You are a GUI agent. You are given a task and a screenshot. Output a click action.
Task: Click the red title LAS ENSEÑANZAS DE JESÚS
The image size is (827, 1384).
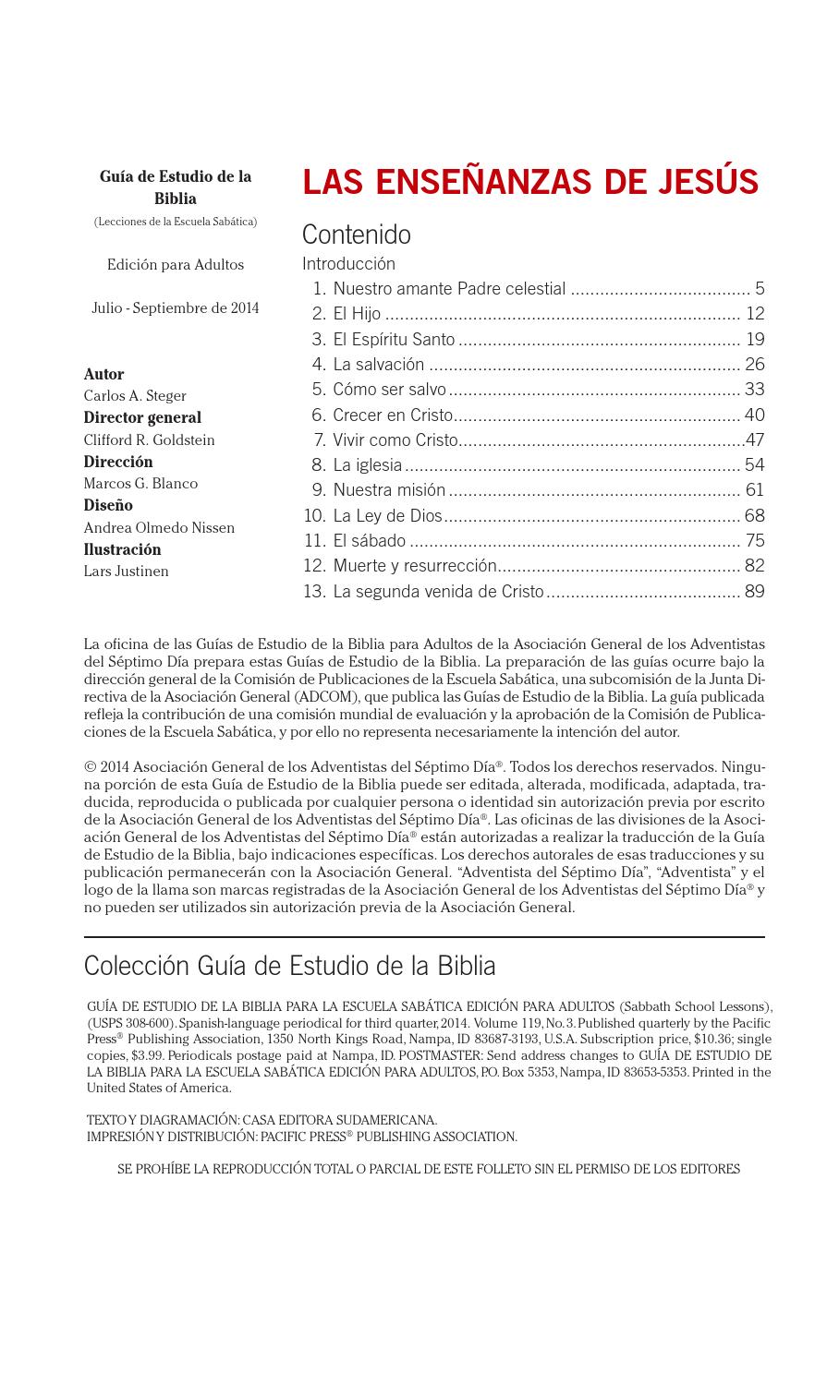530,182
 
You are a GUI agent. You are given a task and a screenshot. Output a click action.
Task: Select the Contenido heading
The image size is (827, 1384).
357,235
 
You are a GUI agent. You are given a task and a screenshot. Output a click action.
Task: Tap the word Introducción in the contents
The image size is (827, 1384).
348,264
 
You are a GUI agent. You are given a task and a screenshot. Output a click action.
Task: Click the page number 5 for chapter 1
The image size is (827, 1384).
760,289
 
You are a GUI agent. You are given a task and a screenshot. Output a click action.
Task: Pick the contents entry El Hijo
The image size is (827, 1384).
357,314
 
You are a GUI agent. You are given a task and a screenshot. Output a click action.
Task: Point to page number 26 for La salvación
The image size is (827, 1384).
754,365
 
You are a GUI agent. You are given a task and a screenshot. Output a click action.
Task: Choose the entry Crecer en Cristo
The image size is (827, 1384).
393,415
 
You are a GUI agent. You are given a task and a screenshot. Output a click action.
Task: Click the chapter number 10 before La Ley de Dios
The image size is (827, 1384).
314,515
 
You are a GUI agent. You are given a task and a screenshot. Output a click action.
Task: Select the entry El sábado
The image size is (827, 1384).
369,541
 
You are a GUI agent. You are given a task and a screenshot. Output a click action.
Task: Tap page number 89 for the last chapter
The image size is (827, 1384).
754,591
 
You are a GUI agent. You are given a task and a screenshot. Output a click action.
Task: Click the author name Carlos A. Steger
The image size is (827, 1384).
135,396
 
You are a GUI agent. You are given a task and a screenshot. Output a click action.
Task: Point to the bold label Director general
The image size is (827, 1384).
142,417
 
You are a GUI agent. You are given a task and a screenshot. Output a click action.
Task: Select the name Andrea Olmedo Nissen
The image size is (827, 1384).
159,528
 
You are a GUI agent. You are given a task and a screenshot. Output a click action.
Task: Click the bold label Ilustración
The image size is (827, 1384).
122,549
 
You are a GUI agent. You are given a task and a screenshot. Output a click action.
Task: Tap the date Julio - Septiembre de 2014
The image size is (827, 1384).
176,308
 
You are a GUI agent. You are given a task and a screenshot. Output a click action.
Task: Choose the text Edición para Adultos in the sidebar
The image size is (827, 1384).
176,265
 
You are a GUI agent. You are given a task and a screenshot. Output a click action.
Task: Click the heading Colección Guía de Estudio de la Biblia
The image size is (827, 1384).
289,966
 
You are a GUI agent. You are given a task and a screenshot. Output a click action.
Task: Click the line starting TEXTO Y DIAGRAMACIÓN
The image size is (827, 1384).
261,1120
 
